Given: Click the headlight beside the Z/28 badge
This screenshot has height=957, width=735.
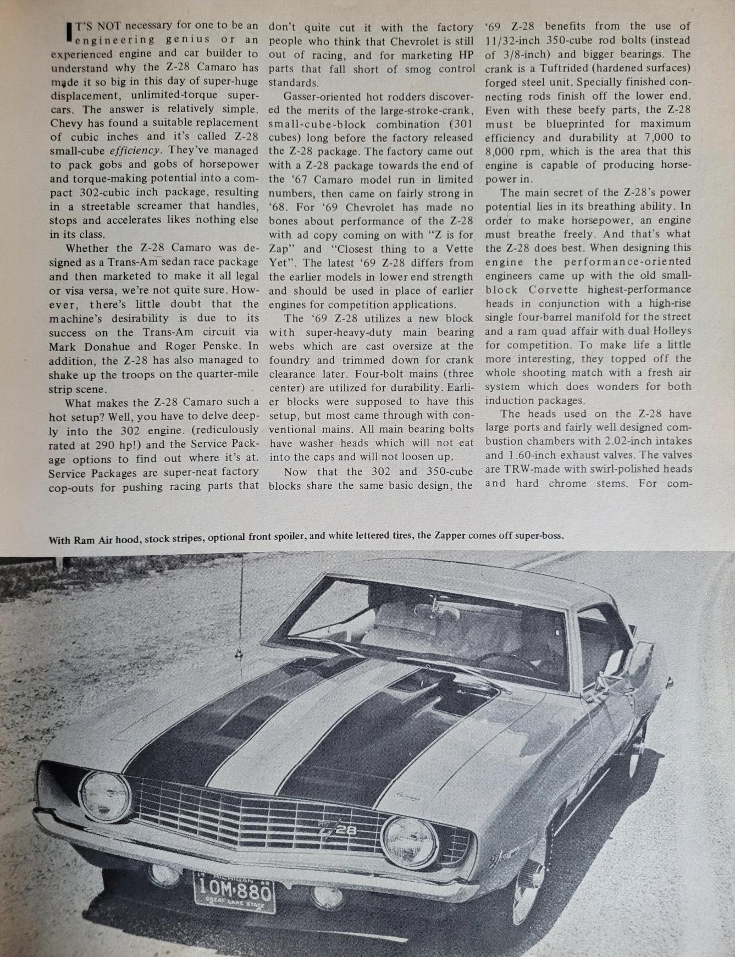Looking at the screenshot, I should click(x=410, y=840).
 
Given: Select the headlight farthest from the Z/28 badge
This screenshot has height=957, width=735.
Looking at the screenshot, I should click(x=105, y=796).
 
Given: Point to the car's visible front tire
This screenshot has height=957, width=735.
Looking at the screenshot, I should click(x=526, y=890).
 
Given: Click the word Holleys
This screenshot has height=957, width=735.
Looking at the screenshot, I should click(x=672, y=331).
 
